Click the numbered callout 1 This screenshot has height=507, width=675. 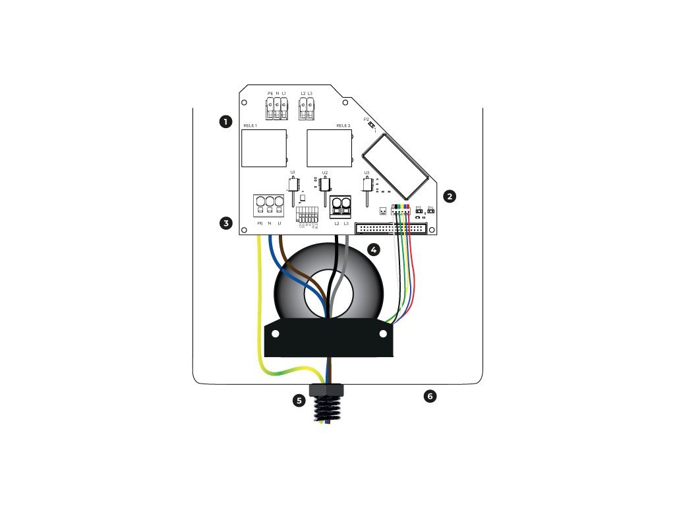pos(226,121)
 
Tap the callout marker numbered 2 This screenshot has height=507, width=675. pos(450,196)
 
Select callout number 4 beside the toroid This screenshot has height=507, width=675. pos(374,250)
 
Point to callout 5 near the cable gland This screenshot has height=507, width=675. pos(300,400)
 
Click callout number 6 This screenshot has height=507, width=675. pos(430,396)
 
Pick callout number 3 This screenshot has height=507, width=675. pos(226,223)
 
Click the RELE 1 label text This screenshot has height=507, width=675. pos(250,125)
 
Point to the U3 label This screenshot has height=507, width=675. pos(367,172)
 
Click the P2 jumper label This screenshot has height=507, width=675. pos(367,119)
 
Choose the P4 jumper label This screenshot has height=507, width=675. pos(430,207)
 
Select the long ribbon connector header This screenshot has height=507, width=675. pos(391,228)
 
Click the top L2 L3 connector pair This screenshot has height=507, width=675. pos(307,109)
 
